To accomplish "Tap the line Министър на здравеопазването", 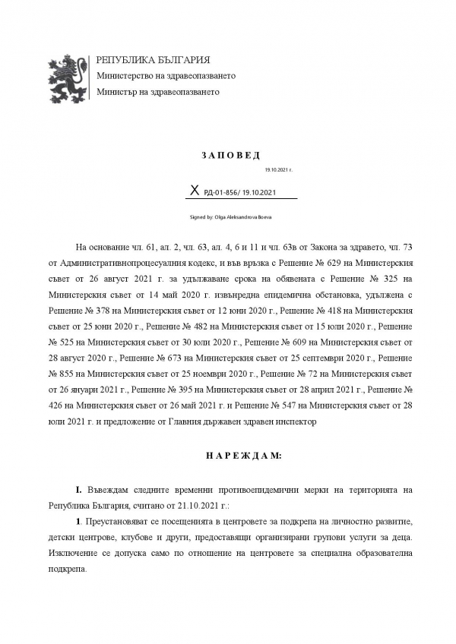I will pyautogui.click(x=157, y=92).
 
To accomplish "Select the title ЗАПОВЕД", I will pyautogui.click(x=227, y=156).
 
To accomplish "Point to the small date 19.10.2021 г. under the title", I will pyautogui.click(x=278, y=171).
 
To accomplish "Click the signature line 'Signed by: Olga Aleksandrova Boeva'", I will pyautogui.click(x=230, y=217).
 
